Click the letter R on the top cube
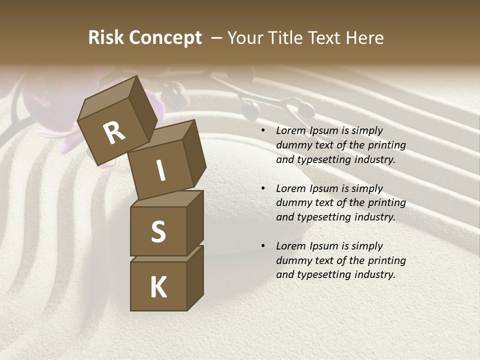[x=114, y=132]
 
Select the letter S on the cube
[x=158, y=231]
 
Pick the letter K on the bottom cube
[x=158, y=287]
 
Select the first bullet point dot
[x=263, y=130]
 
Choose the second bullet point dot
[x=263, y=188]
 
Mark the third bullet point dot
[x=263, y=246]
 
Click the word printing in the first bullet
[x=386, y=145]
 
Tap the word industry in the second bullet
[x=375, y=217]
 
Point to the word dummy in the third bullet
[x=291, y=260]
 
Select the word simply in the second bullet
[x=367, y=188]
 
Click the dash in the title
[x=217, y=38]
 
